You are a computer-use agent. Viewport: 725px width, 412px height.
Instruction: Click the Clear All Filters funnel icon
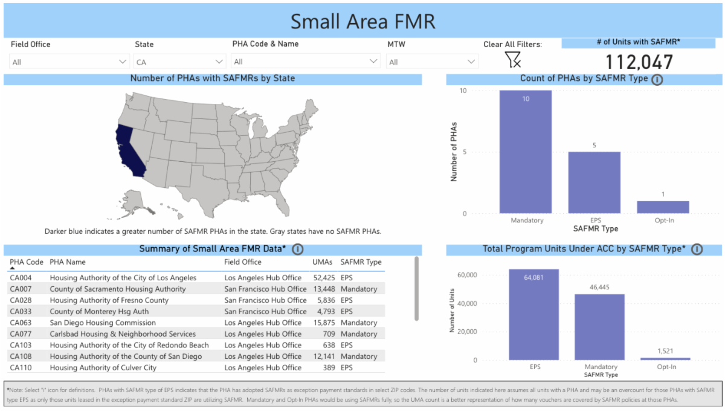512,59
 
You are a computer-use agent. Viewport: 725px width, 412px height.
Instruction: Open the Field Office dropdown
69,62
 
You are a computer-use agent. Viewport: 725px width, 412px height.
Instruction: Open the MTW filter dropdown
433,62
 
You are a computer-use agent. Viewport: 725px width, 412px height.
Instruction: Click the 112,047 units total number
639,62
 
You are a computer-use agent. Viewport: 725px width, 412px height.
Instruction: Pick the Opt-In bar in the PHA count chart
663,207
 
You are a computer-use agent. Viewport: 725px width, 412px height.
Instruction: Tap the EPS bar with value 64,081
533,314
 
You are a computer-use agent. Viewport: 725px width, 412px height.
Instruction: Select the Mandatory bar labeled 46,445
600,327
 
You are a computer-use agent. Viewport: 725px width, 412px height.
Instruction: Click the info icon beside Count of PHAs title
657,79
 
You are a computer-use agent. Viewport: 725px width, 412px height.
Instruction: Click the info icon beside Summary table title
298,249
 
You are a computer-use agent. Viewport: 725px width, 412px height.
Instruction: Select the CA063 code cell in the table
21,323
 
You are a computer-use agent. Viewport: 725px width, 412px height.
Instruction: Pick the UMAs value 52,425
324,278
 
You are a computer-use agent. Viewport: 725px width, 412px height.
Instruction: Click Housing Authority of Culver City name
103,367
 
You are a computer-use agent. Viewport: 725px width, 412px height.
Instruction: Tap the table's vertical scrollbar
416,289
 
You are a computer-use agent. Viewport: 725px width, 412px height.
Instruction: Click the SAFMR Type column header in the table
361,262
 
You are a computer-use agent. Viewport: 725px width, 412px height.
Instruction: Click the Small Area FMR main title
362,21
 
